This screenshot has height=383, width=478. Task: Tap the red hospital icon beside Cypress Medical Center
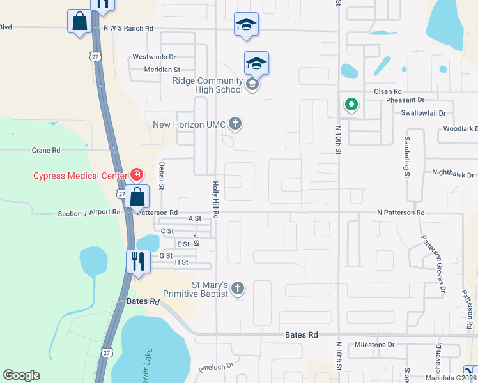click(136, 174)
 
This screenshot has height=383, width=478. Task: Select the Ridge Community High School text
click(208, 85)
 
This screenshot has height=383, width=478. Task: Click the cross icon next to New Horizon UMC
click(235, 124)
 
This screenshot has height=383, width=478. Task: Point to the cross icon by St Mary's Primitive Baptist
click(237, 289)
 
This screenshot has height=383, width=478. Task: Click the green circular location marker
click(351, 104)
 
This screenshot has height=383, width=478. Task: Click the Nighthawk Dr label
click(453, 174)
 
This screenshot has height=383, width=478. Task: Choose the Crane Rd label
click(45, 150)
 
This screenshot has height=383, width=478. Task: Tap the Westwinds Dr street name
click(153, 57)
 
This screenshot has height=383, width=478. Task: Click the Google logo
click(21, 375)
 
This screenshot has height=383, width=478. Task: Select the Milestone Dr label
click(374, 345)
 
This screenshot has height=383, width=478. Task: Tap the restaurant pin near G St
click(137, 260)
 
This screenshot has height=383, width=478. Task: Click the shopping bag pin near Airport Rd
click(137, 197)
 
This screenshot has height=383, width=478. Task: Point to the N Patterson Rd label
click(401, 212)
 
